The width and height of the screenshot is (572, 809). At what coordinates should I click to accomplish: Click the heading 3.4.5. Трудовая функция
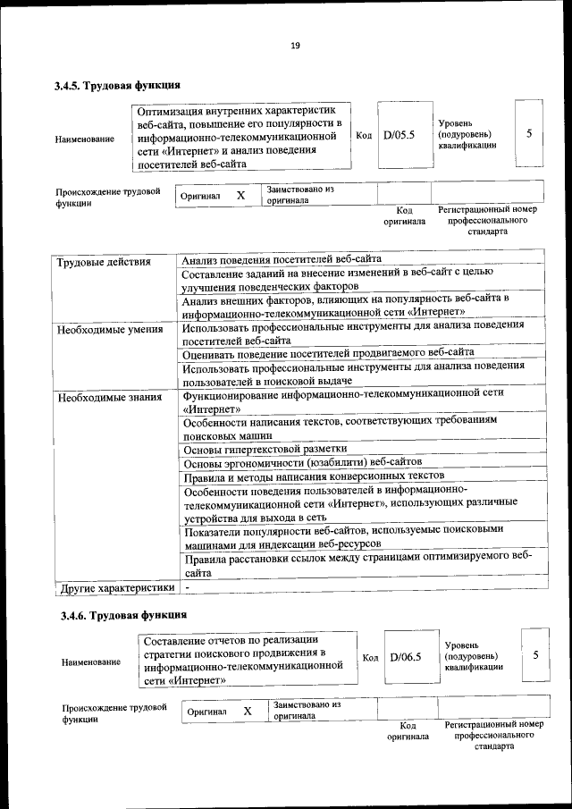pyautogui.click(x=117, y=87)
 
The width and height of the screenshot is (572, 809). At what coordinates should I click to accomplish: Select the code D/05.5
pyautogui.click(x=399, y=136)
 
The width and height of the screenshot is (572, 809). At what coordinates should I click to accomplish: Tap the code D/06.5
pyautogui.click(x=405, y=657)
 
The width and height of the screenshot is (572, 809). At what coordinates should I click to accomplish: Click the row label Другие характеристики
pyautogui.click(x=115, y=588)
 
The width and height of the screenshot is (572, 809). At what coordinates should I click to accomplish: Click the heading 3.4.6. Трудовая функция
pyautogui.click(x=123, y=615)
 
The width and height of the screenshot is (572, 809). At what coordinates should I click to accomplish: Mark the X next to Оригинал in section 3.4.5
pyautogui.click(x=240, y=195)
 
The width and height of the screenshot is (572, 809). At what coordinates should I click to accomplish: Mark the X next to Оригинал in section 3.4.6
pyautogui.click(x=248, y=711)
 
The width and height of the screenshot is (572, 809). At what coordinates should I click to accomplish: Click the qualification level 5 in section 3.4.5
pyautogui.click(x=529, y=134)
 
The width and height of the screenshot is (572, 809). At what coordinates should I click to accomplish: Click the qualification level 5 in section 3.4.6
pyautogui.click(x=535, y=655)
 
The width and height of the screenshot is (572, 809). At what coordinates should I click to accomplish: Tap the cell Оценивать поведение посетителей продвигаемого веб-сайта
pyautogui.click(x=328, y=352)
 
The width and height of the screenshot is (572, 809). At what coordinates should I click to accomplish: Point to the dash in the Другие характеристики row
pyautogui.click(x=188, y=588)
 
